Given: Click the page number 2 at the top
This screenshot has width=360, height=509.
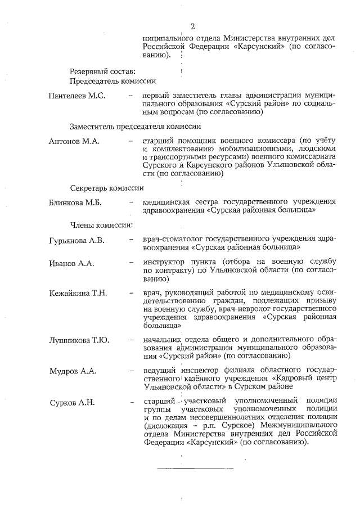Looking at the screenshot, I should pos(192,26).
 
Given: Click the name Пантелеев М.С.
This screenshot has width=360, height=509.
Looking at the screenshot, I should pos(77,96).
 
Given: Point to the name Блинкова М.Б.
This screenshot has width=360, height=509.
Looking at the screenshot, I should pos(75,202).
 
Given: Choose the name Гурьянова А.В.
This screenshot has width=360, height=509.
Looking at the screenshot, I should pos(78,241).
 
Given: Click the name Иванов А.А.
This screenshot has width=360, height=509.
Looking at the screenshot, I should pos(71,263).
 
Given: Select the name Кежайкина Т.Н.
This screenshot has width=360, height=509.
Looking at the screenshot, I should pos(78,294).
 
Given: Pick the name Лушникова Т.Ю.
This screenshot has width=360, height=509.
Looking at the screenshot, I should pos(79,340).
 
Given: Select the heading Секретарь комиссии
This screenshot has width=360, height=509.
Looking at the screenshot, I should pos(107,187).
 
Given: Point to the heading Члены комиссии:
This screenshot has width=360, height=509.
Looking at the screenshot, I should pos(101,226).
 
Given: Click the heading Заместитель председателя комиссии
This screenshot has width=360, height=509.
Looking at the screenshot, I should pos(136,126).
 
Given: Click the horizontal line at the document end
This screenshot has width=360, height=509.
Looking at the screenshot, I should pos(195,467).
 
